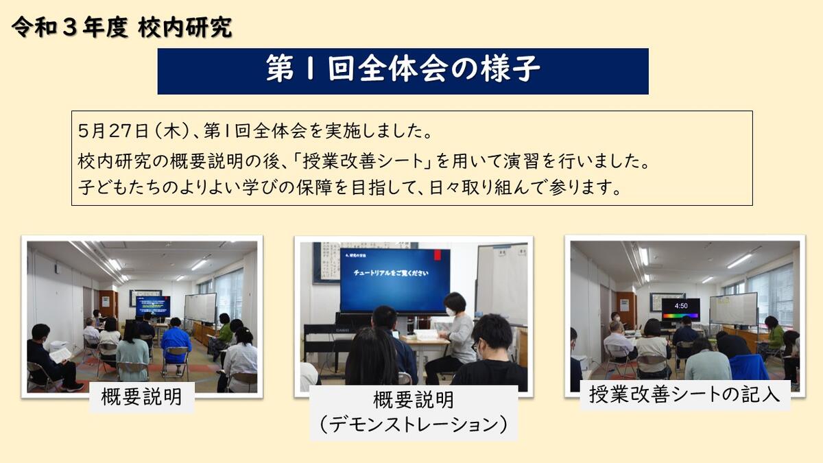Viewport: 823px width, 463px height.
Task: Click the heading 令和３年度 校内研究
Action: [121, 27]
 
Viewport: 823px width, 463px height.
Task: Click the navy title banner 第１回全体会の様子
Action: [403, 71]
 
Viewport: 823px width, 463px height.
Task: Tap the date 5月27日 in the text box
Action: [113, 131]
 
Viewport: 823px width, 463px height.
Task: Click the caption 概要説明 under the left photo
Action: [142, 397]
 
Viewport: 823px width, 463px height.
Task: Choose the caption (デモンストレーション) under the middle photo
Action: [414, 425]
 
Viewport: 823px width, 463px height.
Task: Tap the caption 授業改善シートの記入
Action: [684, 394]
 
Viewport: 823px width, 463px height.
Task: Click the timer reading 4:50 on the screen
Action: [681, 306]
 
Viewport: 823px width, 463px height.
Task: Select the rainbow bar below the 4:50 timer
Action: [681, 316]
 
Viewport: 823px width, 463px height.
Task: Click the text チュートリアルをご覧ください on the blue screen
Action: [391, 273]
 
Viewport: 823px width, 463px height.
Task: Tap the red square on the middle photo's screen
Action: [438, 255]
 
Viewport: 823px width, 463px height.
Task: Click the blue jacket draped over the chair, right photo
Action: [749, 367]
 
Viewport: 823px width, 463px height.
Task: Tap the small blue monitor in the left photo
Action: [153, 307]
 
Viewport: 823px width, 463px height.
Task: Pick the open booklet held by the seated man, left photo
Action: [60, 355]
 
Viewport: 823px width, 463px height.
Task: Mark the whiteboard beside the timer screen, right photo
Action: [733, 309]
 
